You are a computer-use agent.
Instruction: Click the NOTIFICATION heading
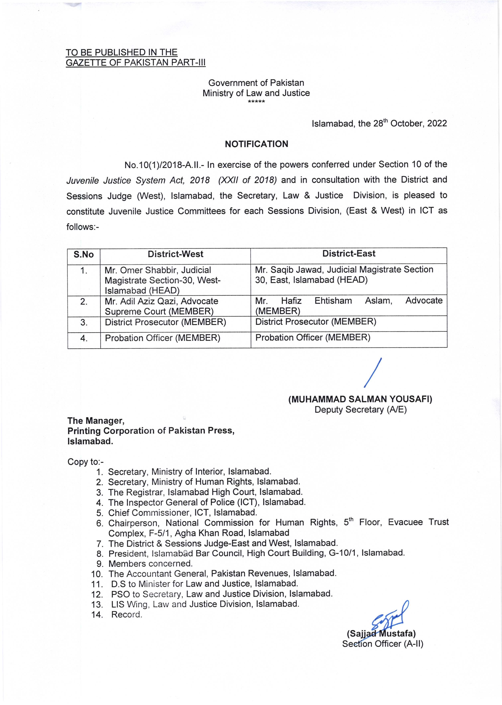click(256, 144)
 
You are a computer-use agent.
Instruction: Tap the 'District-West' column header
click(175, 254)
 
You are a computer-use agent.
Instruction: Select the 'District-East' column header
click(349, 254)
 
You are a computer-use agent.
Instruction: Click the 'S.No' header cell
click(83, 255)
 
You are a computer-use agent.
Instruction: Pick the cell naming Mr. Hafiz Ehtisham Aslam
click(349, 305)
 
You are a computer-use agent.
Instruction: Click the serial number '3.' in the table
click(84, 323)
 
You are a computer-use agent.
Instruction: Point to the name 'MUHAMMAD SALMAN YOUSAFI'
click(360, 399)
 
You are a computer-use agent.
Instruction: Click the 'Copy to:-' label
click(86, 462)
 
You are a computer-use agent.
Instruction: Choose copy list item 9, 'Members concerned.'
click(150, 564)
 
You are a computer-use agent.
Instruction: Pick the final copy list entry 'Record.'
click(127, 614)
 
